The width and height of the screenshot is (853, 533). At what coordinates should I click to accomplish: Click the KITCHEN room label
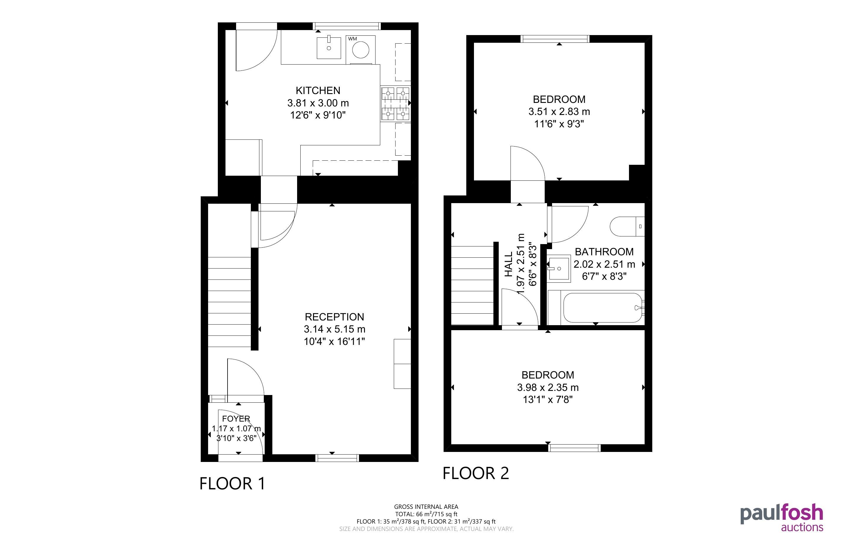click(318, 91)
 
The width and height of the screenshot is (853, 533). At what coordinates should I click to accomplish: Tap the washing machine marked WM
click(360, 50)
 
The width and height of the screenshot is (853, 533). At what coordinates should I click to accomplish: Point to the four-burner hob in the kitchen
click(396, 104)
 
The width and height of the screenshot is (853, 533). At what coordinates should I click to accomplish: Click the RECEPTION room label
click(334, 317)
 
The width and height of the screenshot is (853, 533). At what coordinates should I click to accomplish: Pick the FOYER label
click(236, 419)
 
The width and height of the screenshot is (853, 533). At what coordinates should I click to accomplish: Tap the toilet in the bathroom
click(627, 226)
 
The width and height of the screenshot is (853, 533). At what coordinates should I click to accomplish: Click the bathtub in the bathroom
click(603, 308)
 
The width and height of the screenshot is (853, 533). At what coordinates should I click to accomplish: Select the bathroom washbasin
click(559, 269)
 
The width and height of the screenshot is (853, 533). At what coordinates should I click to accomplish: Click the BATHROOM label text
click(604, 252)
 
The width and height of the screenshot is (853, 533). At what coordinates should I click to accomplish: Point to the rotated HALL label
click(508, 264)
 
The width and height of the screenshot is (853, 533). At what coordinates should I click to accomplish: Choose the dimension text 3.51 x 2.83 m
click(559, 112)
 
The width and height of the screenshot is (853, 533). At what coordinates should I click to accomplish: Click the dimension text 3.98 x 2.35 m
click(548, 388)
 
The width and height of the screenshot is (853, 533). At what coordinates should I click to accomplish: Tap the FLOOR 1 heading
click(232, 484)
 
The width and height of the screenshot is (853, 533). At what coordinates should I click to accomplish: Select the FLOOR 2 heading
click(476, 473)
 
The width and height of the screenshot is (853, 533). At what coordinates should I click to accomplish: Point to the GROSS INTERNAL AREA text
click(426, 507)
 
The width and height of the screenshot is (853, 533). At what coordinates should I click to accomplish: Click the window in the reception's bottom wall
click(337, 458)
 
